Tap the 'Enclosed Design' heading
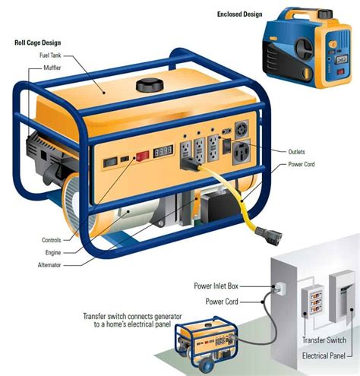click(x=239, y=14)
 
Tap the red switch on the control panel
click(x=140, y=157)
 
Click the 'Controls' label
click(x=51, y=240)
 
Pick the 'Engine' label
click(x=52, y=252)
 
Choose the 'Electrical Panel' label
click(x=324, y=355)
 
